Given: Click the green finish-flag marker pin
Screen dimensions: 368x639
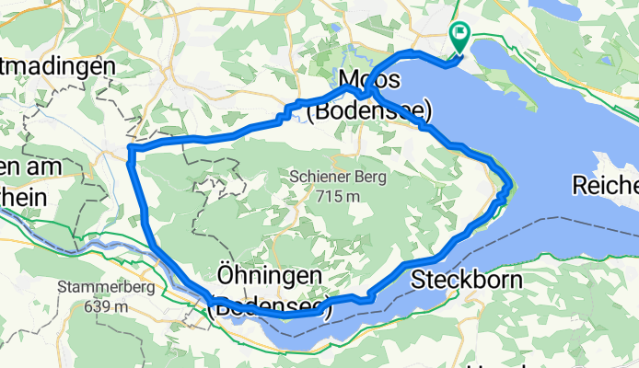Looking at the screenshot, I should click(459, 35).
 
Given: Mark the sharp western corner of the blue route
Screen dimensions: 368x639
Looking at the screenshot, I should click(131, 148).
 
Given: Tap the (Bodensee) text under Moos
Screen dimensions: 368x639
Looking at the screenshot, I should click(369, 111).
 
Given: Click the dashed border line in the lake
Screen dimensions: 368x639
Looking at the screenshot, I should click(552, 229).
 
